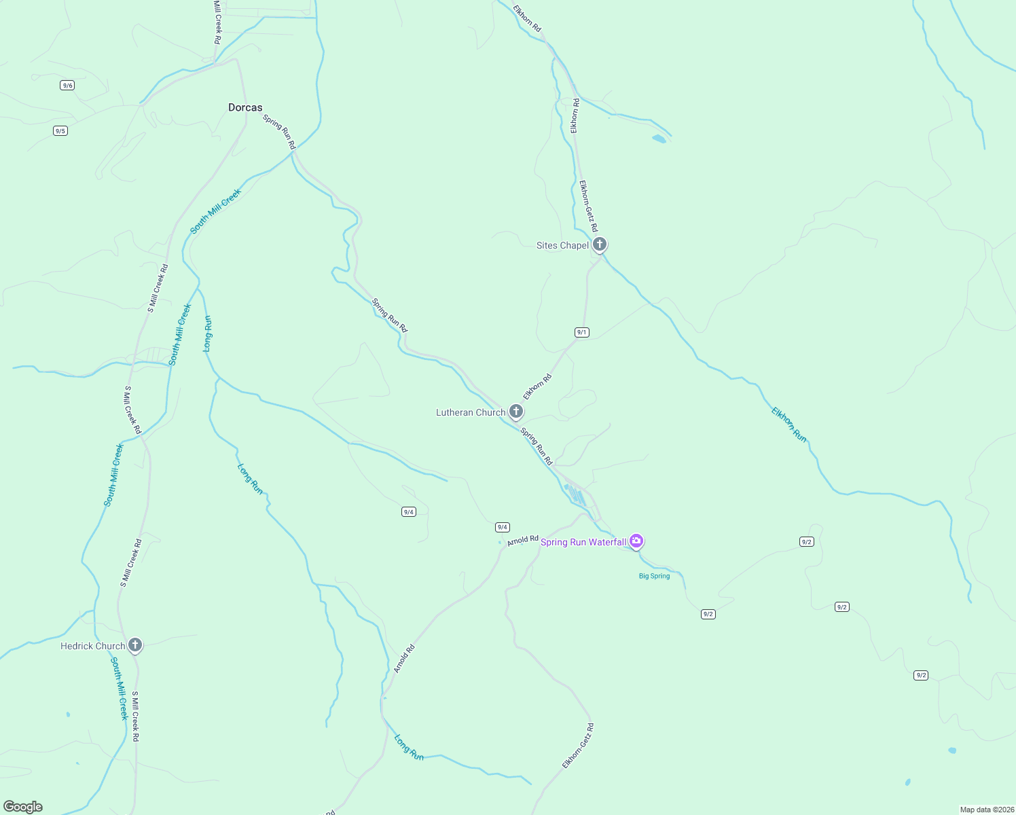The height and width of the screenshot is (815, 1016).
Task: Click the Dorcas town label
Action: point(245,107)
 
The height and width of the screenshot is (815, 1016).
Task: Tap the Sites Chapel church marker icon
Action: point(599,244)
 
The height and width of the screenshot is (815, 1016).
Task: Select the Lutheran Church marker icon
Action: point(516,412)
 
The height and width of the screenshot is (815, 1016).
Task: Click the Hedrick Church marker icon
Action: point(135,645)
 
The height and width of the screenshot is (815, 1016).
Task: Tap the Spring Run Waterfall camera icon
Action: point(636,541)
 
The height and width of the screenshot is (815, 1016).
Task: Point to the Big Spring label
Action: point(654,576)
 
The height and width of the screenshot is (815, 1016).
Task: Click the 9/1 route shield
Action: point(582,332)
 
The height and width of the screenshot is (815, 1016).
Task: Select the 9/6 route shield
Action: point(67,85)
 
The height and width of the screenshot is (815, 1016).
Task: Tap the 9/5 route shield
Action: point(60,130)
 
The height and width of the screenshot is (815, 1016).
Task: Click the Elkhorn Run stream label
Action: point(789,424)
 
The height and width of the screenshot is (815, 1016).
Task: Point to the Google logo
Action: point(22,806)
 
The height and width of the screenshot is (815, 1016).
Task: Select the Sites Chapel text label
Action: point(562,245)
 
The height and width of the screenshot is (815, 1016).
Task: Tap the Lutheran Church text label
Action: point(471,412)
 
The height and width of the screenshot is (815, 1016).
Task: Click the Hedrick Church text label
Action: point(92,646)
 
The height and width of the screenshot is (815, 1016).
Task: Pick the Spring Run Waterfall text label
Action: point(583,542)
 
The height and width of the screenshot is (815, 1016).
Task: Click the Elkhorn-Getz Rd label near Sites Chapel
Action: point(588,206)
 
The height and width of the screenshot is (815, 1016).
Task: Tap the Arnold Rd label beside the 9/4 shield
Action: point(522,541)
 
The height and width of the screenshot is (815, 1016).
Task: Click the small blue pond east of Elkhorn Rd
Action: point(659,139)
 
